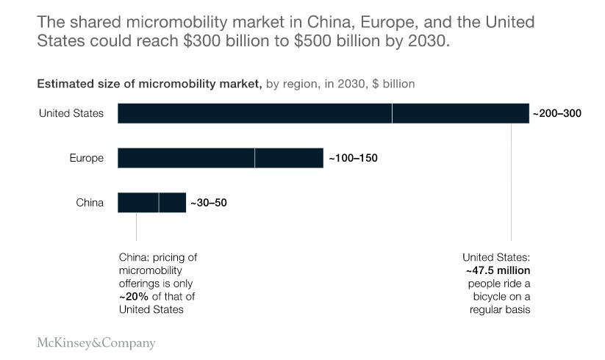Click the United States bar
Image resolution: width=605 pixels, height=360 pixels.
pos(323,113)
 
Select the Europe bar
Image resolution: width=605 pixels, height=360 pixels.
pos(221,158)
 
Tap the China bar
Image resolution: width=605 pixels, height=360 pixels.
pos(151,202)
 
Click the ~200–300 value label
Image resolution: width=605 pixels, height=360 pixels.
pos(556,114)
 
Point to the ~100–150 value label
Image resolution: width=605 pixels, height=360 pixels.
pos(352,158)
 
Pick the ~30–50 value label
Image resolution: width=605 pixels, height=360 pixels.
pos(209,203)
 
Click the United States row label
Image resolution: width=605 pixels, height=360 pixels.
pos(71,113)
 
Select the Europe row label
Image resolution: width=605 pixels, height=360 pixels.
pos(87,158)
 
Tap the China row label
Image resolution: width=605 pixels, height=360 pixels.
pos(90,202)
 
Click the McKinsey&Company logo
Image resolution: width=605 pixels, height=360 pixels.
pos(96,342)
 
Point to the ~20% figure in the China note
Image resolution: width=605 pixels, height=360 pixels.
pos(135,296)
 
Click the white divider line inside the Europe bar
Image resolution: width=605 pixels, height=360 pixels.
pos(254,158)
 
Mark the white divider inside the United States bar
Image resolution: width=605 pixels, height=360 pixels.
pos(392,113)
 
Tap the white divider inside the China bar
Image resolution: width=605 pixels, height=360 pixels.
pos(159,202)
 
